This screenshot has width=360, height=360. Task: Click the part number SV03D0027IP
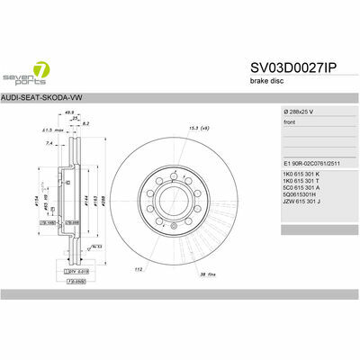(292, 67)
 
